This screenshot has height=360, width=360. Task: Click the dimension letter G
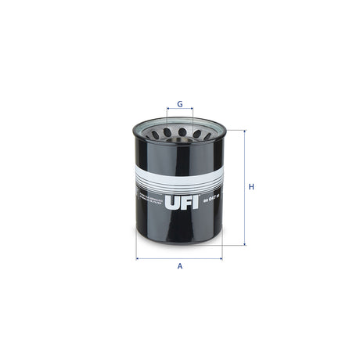click(x=179, y=103)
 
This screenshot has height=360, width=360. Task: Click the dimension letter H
click(x=251, y=188)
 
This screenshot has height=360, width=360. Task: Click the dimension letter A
click(x=179, y=266)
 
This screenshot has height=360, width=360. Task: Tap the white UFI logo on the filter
click(x=179, y=207)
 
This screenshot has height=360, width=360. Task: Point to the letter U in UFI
click(x=171, y=207)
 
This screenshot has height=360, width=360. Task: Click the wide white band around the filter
click(x=179, y=175)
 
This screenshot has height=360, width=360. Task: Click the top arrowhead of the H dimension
click(x=245, y=132)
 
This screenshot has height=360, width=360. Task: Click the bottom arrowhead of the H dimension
click(x=245, y=244)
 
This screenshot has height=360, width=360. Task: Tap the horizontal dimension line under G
click(x=179, y=112)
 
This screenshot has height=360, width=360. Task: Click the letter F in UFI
click(x=182, y=207)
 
